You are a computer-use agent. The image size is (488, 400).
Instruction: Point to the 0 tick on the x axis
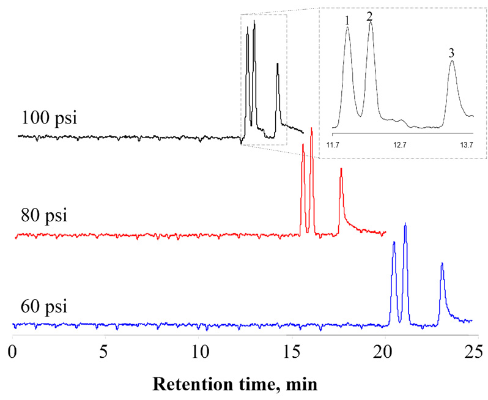[x=13, y=352]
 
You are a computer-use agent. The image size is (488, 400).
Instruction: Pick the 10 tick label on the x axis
[x=199, y=352]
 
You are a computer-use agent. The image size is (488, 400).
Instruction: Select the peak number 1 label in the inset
[x=347, y=20]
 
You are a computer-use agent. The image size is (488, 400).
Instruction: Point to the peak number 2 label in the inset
[x=369, y=16]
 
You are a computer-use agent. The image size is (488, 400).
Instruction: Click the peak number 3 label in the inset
[x=451, y=53]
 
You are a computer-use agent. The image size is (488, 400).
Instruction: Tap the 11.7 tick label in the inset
[x=333, y=145]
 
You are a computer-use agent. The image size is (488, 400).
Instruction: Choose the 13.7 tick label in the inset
[x=467, y=145]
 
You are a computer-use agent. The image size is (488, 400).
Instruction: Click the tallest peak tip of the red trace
[x=312, y=128]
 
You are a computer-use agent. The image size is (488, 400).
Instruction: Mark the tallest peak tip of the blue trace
[x=405, y=224]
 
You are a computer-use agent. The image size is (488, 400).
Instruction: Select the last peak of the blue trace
[x=442, y=263]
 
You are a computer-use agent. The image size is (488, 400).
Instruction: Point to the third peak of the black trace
[x=278, y=64]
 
